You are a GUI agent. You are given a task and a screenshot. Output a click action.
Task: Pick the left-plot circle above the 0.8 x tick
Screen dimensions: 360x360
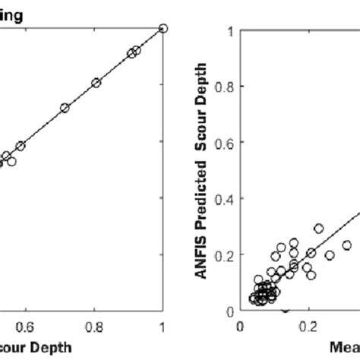(x=96, y=83)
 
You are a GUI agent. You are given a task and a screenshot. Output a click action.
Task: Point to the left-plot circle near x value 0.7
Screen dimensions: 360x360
(x=65, y=108)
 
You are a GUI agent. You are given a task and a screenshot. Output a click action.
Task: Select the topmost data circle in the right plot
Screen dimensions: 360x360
(x=319, y=228)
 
